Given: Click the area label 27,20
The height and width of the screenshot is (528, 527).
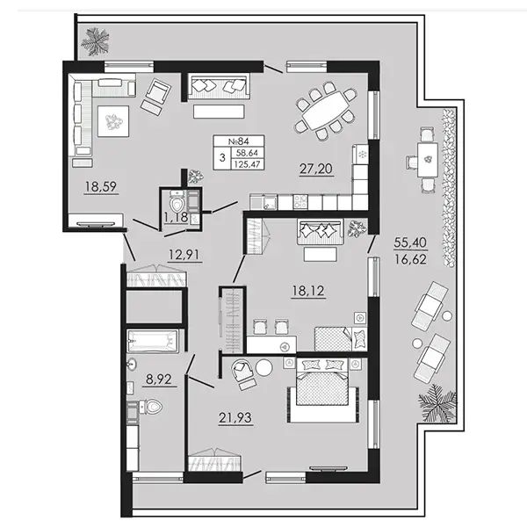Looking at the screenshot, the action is [316, 169].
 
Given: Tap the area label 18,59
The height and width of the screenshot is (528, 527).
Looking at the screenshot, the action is [101, 186].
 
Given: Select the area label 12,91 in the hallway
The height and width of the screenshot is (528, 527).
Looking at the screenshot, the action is [184, 254].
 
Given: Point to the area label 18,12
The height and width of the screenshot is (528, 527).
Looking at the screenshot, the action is [308, 291].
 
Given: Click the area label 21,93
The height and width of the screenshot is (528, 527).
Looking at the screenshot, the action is [235, 417].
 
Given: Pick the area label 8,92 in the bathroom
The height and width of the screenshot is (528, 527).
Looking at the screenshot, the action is [159, 380].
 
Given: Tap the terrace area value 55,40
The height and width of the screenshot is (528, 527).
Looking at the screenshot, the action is [410, 242].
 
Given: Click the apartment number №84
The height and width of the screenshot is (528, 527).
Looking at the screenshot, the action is [238, 141].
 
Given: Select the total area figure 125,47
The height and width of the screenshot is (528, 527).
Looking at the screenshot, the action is [247, 164].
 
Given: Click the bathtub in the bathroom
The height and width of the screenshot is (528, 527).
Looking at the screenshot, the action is [153, 341].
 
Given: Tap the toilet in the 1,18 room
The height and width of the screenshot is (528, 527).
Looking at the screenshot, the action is [177, 201].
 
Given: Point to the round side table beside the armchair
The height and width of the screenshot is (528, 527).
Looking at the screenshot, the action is [264, 368].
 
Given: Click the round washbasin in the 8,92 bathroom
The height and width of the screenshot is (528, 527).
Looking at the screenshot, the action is [132, 364].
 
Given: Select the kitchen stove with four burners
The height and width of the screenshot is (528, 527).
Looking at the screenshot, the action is [300, 202].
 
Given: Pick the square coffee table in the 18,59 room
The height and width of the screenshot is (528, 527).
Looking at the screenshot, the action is [113, 121].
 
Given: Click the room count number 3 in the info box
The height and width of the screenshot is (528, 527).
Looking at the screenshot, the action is [222, 157].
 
